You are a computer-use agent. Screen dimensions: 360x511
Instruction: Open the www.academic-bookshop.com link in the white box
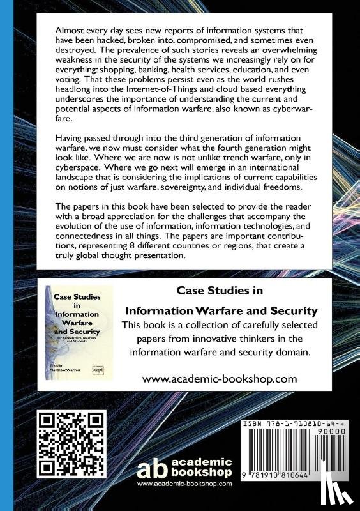220,379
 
